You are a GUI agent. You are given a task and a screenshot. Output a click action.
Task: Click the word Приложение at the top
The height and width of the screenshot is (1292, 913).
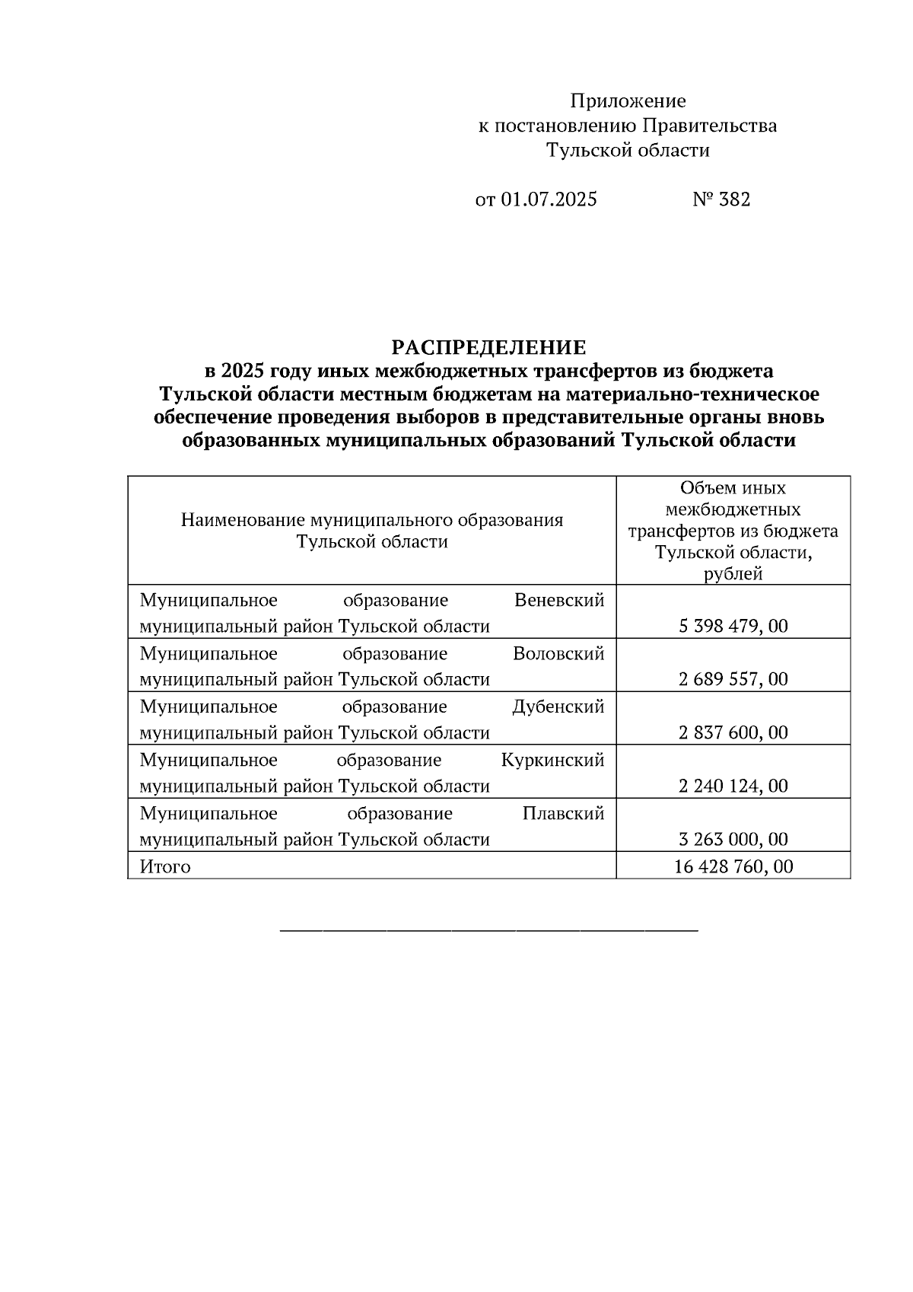(x=628, y=100)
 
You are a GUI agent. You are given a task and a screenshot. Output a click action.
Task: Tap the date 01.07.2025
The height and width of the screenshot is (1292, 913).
(x=549, y=199)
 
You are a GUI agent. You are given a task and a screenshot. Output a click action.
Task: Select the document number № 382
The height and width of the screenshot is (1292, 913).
(x=721, y=199)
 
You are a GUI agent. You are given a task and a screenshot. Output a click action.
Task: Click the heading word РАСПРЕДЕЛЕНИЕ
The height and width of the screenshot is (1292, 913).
(x=488, y=348)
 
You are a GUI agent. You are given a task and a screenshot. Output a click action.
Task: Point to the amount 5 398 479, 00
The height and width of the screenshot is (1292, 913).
(x=733, y=626)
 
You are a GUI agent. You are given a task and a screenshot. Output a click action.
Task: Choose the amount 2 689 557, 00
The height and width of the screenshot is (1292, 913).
(x=733, y=679)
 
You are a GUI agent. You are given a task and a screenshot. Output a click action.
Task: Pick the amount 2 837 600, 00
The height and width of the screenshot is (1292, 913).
(x=733, y=732)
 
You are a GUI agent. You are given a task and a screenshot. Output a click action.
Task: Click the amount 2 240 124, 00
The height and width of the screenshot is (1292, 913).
(x=733, y=786)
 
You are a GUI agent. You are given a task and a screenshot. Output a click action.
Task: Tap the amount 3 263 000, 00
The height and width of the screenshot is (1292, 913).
(x=733, y=839)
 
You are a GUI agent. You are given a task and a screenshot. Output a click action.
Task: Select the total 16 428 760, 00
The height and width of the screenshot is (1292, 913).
(x=733, y=866)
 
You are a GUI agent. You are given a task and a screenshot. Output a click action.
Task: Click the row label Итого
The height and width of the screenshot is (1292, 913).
(x=165, y=866)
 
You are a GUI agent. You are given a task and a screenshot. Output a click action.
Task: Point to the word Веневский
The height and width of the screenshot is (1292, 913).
(x=559, y=600)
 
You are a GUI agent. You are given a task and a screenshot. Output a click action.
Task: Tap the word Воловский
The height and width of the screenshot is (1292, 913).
(x=558, y=653)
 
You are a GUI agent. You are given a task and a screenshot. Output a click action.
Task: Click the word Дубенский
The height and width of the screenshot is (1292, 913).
(x=558, y=707)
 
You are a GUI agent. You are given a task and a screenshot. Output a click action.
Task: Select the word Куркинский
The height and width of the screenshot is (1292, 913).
(x=552, y=760)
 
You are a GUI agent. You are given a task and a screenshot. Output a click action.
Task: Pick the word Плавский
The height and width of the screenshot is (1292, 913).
(x=563, y=813)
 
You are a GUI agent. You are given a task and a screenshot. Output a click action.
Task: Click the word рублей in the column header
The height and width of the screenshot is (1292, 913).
(x=733, y=574)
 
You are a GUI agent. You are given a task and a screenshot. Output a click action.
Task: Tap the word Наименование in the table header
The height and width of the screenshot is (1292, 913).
(x=243, y=520)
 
